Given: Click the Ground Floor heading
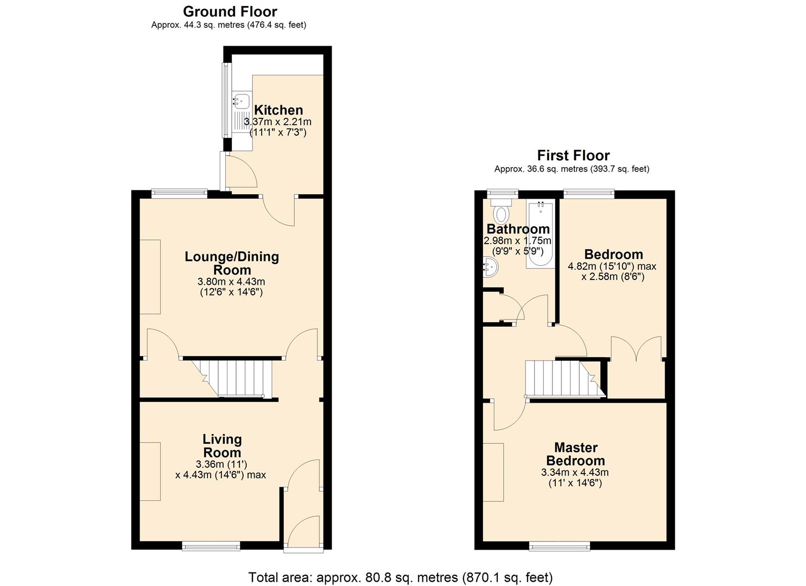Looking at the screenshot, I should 230,11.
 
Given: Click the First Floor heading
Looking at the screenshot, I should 573,156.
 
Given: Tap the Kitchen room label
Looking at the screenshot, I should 278,110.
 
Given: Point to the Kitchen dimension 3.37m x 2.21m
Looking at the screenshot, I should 278,122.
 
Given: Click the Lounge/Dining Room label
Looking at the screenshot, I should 232,263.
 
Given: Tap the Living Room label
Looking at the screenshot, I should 222,445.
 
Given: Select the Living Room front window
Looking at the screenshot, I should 211,546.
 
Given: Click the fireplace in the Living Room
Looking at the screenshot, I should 150,471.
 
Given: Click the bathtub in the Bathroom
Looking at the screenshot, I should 539,234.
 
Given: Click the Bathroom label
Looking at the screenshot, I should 518,229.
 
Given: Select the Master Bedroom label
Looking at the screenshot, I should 575,454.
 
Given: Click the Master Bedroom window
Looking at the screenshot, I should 559,546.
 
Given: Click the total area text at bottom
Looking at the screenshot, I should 401,577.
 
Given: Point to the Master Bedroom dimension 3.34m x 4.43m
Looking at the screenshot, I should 575,473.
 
